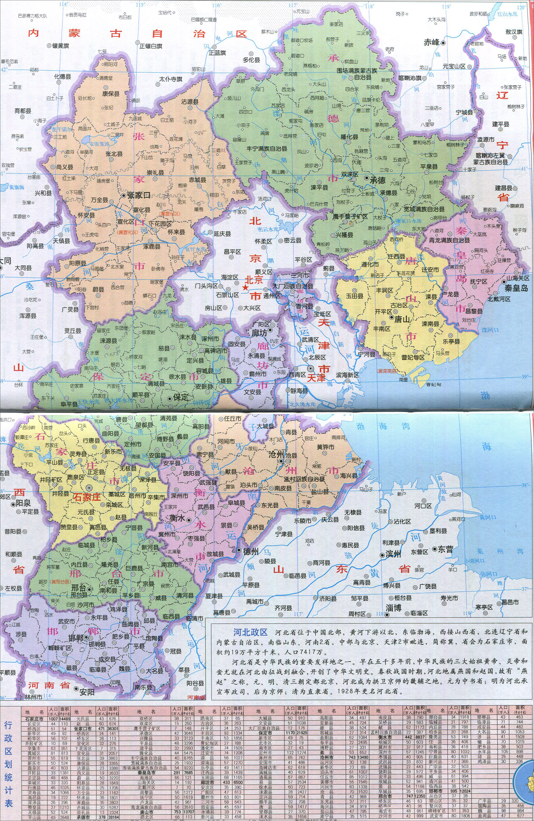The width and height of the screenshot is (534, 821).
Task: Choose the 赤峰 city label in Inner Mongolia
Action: pyautogui.click(x=431, y=42)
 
